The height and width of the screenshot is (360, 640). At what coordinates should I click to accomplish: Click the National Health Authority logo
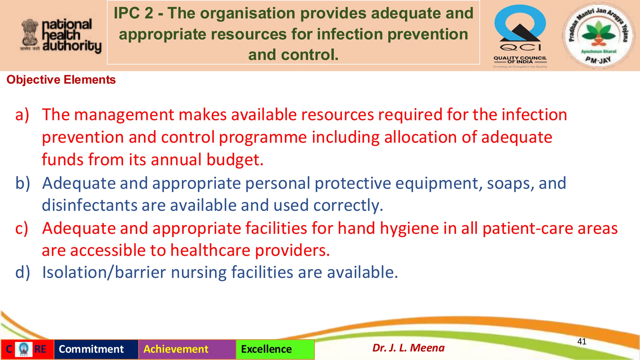tap(61, 35)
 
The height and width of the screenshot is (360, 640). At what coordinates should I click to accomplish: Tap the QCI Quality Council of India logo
tap(520, 36)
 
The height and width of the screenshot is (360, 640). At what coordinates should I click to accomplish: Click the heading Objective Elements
tap(61, 80)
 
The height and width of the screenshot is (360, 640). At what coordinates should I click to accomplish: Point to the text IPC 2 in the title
tap(133, 13)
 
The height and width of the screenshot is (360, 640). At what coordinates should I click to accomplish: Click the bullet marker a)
tap(22, 114)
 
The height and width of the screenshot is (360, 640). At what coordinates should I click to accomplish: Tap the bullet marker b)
tap(22, 183)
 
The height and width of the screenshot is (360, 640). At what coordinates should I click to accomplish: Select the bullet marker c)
tap(22, 228)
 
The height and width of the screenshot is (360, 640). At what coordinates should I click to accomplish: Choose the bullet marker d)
tap(22, 272)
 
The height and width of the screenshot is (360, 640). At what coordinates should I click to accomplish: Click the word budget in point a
tap(235, 160)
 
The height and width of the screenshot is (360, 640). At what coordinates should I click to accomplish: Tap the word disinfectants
tap(89, 205)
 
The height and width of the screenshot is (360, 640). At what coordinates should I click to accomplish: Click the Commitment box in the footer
tap(91, 349)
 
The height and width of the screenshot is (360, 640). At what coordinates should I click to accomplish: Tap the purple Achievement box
tap(176, 349)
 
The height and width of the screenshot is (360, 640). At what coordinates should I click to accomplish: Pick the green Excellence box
tap(266, 349)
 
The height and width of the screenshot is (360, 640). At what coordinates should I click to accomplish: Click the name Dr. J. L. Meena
tap(408, 348)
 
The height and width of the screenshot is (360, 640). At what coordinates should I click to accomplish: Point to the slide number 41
tap(582, 341)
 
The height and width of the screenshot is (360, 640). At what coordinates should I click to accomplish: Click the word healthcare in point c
tap(210, 251)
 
